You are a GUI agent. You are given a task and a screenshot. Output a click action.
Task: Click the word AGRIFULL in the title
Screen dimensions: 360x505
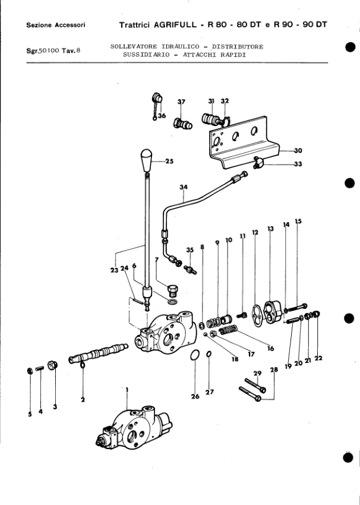point(175,24)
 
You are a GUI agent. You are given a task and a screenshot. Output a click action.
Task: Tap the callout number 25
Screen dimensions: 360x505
point(169,161)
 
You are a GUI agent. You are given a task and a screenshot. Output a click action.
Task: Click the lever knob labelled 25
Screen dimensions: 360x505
point(146,160)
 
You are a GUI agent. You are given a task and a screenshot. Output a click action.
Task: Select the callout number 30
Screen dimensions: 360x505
point(298,151)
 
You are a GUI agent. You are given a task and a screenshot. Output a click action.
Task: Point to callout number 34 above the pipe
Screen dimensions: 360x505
point(184,187)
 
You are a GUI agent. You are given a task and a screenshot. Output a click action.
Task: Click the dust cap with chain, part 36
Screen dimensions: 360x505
point(157,104)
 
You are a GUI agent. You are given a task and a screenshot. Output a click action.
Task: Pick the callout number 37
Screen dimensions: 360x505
point(181,102)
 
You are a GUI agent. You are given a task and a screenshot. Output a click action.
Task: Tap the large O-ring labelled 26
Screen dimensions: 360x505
point(194,355)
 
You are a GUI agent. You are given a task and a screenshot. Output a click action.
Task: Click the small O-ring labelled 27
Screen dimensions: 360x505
point(209,354)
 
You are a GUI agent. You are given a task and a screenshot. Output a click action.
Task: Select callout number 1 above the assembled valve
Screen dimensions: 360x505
point(127,390)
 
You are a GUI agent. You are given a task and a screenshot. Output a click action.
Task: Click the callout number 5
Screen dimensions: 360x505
point(30,415)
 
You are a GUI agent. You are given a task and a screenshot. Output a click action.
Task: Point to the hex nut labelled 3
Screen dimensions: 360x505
point(52,365)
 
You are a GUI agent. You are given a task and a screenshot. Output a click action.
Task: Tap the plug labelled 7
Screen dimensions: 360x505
point(173,289)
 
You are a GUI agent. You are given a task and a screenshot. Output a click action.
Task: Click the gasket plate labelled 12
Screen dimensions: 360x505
point(256,315)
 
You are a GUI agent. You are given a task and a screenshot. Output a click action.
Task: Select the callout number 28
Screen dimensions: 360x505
point(274,370)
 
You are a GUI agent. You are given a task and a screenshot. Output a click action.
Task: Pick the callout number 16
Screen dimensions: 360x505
point(270,348)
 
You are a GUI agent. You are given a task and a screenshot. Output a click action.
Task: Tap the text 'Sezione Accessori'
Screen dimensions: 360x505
point(56,25)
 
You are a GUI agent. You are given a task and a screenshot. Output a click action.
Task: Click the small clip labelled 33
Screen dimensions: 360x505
point(258,162)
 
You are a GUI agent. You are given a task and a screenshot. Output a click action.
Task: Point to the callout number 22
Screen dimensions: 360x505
point(318,358)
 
